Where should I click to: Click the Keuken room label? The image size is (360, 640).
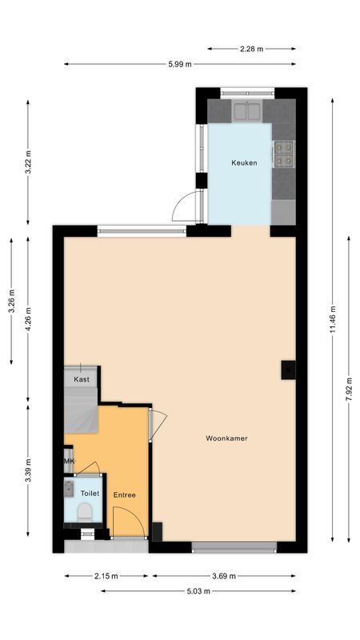click(x=244, y=162)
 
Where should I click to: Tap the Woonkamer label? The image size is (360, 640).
click(x=225, y=438)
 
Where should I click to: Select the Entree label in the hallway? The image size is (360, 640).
click(x=124, y=494)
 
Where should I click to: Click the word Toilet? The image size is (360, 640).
click(x=90, y=494)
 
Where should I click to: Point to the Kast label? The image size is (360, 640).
click(x=82, y=379)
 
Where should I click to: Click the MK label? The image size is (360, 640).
click(x=70, y=461)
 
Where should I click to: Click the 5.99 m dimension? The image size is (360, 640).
click(x=180, y=64)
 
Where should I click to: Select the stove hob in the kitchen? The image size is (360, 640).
click(x=283, y=153)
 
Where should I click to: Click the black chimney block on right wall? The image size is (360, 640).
click(x=287, y=369)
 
